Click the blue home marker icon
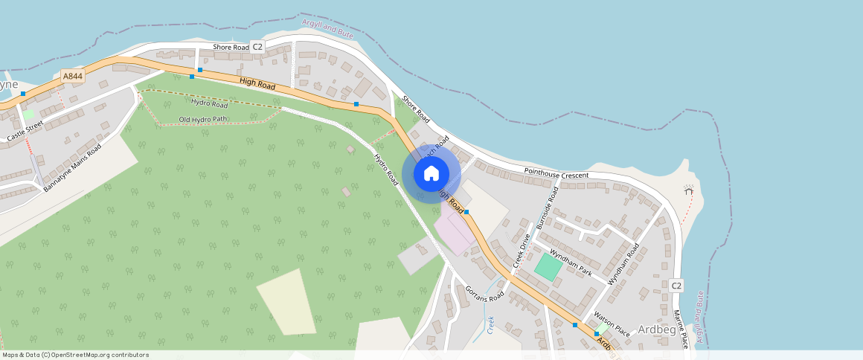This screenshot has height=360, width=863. pos(431,174)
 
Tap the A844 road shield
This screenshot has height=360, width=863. pos(72,76)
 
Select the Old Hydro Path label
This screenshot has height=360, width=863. pos(203,119)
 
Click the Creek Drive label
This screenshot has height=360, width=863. pos(521,251)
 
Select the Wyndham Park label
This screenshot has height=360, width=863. pos(571,263)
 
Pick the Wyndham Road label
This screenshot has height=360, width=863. pos(623,263)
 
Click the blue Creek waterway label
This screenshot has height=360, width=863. pos(490,324)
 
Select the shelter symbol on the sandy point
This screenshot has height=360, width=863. pos(688,190)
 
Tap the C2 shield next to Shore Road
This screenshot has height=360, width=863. pos(257,47)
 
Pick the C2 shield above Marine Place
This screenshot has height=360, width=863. pos(676,286)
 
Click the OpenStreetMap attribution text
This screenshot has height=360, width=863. pos(74,355)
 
